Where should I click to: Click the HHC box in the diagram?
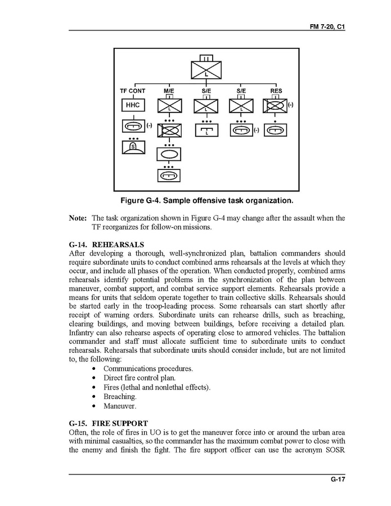click(133, 105)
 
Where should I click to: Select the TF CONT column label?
click(133, 91)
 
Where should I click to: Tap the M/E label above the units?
click(169, 91)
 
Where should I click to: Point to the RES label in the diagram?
click(276, 91)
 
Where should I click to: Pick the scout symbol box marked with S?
click(133, 147)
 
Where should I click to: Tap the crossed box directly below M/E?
click(169, 105)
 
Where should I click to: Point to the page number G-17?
click(338, 480)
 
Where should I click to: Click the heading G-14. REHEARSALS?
click(106, 245)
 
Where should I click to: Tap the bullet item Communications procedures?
click(148, 369)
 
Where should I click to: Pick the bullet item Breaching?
click(120, 397)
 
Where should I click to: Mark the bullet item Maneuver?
click(119, 406)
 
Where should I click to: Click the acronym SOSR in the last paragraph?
click(334, 450)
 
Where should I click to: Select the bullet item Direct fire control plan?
click(140, 378)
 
